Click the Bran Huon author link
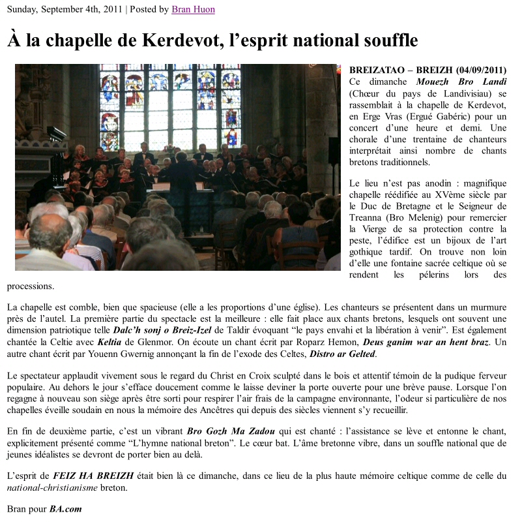pyautogui.click(x=193, y=9)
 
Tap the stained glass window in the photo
pyautogui.click(x=169, y=104)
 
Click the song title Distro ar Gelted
pyautogui.click(x=344, y=354)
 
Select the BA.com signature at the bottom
pyautogui.click(x=66, y=509)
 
